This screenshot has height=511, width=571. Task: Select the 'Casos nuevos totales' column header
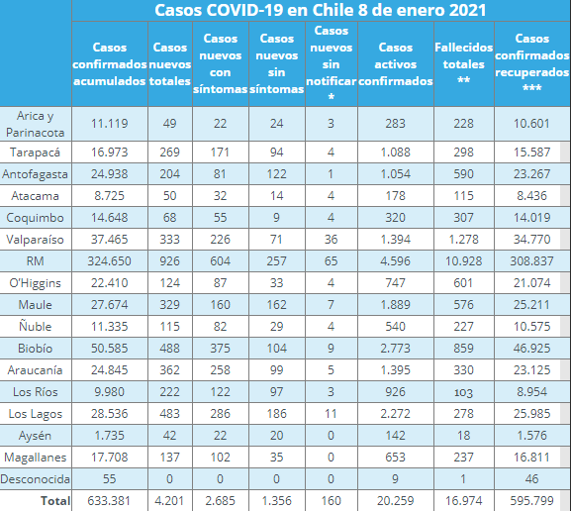(170, 63)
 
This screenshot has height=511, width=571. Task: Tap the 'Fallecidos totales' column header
(464, 63)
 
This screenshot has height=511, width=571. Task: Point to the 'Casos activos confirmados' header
(396, 63)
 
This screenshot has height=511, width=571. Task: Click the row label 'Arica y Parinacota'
(36, 124)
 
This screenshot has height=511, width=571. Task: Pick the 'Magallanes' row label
(36, 457)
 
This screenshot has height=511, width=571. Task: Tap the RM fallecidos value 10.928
(464, 261)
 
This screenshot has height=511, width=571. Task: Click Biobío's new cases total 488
(170, 349)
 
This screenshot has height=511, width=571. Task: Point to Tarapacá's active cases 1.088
(396, 153)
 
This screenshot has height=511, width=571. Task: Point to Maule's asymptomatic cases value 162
(276, 305)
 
